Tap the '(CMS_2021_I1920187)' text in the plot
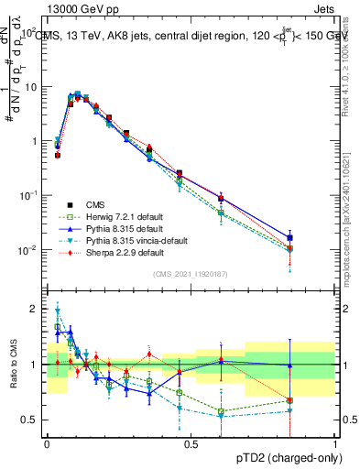click(191, 273)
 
